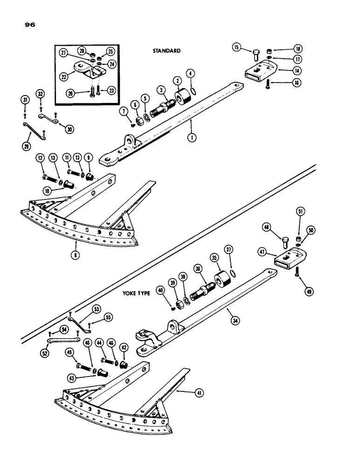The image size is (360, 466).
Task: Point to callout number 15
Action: tap(236, 48)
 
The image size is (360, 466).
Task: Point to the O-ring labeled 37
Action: tap(234, 274)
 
